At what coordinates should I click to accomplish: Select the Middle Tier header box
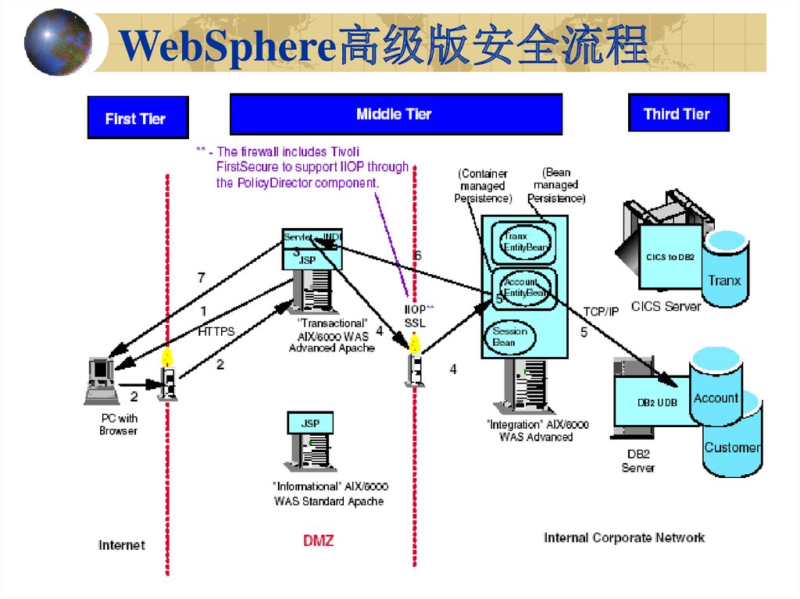[x=395, y=114]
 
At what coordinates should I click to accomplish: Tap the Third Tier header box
[x=677, y=114]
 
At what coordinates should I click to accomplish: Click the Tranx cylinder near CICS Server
[x=724, y=269]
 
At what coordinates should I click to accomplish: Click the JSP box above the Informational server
[x=310, y=423]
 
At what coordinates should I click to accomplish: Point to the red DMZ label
[x=318, y=540]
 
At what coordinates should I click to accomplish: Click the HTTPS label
[x=216, y=331]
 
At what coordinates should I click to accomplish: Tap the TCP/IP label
[x=600, y=311]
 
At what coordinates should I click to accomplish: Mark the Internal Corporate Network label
[x=623, y=537]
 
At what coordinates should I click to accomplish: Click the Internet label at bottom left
[x=122, y=544]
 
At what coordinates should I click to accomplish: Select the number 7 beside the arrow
[x=201, y=277]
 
